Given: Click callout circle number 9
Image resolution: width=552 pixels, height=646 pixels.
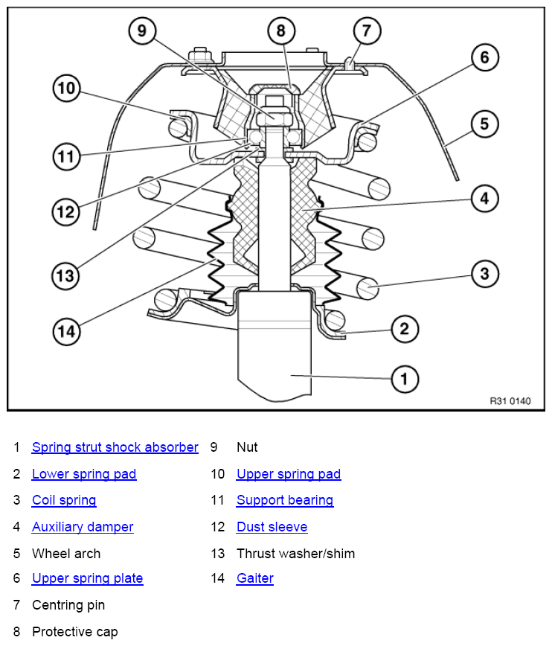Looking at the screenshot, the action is (x=142, y=31).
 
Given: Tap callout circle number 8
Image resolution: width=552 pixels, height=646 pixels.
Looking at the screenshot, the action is (x=281, y=31).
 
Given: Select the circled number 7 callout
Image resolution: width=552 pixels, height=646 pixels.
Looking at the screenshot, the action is (x=367, y=31).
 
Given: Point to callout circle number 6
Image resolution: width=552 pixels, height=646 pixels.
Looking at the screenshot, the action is (x=485, y=58).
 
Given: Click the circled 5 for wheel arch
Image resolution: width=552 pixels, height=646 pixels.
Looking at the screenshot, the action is (x=485, y=124).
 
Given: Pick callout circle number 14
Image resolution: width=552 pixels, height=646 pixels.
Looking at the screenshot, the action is (x=66, y=332).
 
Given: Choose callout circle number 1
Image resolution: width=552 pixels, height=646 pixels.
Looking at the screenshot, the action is (x=405, y=379).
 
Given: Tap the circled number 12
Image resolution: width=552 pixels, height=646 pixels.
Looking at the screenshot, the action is (x=66, y=212).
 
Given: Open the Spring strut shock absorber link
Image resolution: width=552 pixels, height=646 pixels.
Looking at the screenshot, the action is (x=115, y=447).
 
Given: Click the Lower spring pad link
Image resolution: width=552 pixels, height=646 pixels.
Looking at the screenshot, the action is (x=84, y=474).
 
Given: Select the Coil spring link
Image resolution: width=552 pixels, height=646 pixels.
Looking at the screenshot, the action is (x=64, y=500).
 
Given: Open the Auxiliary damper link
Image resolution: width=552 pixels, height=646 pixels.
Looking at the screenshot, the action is (x=83, y=527).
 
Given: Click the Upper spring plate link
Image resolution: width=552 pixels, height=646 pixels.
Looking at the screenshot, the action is (x=87, y=578).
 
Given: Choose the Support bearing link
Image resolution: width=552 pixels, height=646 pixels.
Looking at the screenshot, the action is (x=285, y=500).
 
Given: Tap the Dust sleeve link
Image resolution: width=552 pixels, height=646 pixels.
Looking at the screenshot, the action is (x=272, y=527).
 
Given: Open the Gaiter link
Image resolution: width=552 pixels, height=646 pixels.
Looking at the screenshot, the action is (x=255, y=578).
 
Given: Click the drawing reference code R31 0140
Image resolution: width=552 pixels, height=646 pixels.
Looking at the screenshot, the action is (x=510, y=401).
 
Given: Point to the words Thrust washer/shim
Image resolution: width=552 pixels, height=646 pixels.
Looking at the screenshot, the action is (x=295, y=554).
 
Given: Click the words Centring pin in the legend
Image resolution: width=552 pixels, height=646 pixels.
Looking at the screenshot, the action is (x=68, y=605).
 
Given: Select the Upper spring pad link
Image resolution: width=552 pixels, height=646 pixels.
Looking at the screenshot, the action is (x=289, y=474).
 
